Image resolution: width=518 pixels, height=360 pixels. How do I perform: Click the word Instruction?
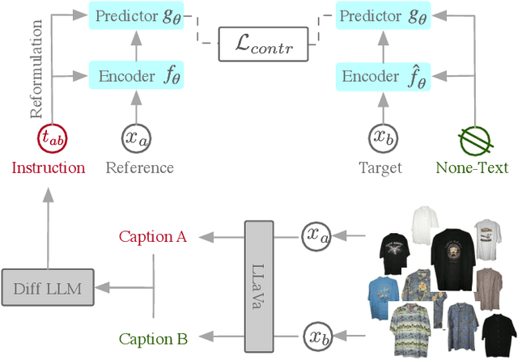(48, 168)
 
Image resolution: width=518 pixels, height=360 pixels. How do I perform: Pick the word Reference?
(139, 168)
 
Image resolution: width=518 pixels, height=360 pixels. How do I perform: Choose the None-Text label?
(472, 168)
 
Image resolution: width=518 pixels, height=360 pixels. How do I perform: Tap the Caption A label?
(153, 236)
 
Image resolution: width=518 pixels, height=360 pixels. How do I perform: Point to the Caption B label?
(153, 338)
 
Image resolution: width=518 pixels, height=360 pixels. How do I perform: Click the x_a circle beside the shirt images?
(316, 236)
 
